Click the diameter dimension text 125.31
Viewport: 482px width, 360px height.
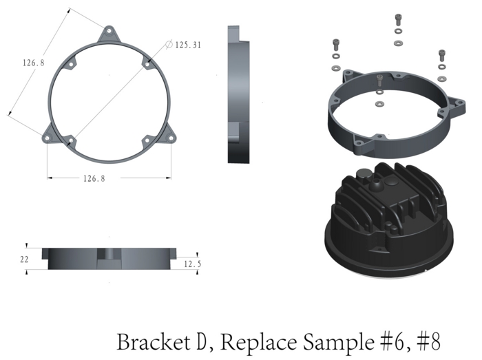coord(188,45)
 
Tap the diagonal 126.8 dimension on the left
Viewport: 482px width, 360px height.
coord(34,63)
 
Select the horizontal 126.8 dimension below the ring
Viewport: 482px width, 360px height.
coord(94,178)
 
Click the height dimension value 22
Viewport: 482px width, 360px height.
coord(24,260)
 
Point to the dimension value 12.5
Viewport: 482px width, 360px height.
coord(192,264)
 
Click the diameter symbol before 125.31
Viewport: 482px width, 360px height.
coord(169,44)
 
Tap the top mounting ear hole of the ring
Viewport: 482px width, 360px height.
coord(109,31)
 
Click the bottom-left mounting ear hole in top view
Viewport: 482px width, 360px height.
coord(47,138)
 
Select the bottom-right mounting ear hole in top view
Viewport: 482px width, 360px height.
coord(171,138)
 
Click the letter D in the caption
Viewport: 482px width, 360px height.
coord(201,342)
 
